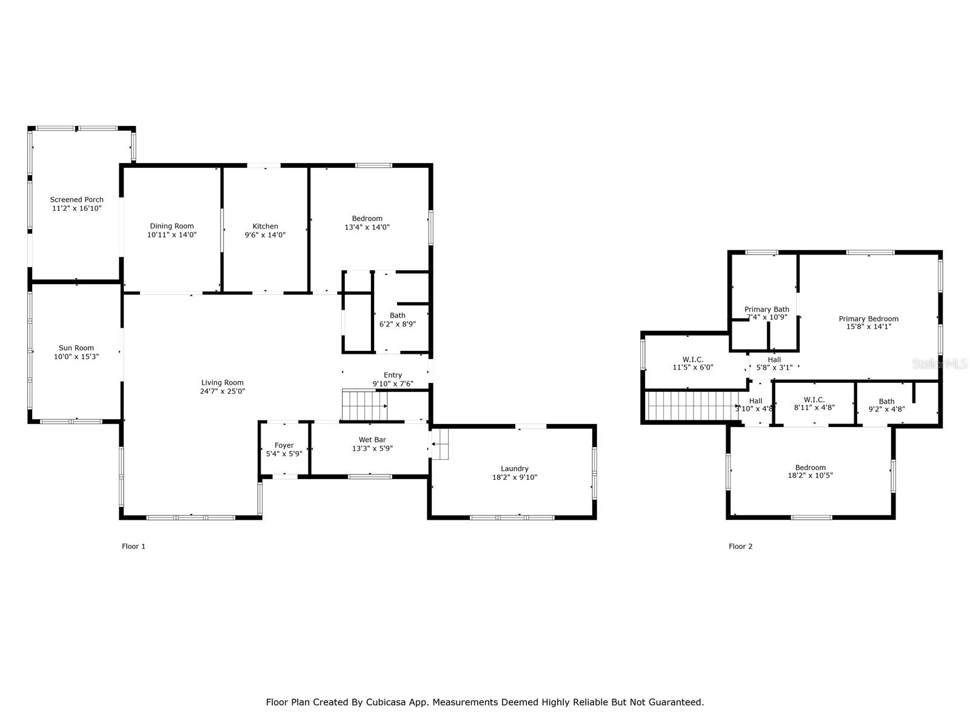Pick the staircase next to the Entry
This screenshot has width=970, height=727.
[364, 405]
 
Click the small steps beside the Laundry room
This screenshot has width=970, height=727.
[440, 444]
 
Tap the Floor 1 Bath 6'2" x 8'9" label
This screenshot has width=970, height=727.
[397, 320]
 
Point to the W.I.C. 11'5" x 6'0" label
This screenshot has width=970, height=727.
[692, 363]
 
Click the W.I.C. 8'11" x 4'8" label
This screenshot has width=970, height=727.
[814, 403]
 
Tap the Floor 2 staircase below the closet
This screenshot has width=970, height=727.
[691, 406]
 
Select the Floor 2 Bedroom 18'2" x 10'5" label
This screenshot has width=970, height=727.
[810, 471]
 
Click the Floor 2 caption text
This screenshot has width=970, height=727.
[740, 546]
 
